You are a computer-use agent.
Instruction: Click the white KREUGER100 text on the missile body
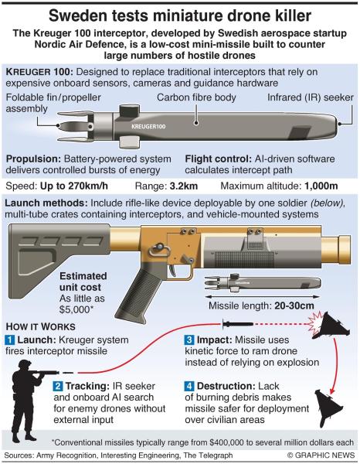tap(148, 127)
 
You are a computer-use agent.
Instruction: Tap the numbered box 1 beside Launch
tap(10, 340)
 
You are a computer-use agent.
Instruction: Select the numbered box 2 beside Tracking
tap(58, 386)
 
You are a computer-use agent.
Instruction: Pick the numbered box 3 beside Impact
tap(189, 340)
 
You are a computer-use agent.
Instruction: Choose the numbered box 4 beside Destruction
tap(189, 386)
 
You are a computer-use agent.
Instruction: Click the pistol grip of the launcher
tap(140, 296)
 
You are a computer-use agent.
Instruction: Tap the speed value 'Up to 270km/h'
tap(74, 186)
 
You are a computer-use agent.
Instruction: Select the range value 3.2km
tap(184, 186)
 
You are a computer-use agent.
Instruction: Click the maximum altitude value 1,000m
tap(321, 186)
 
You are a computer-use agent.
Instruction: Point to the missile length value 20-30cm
tap(294, 305)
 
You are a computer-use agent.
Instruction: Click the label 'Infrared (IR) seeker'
tap(311, 97)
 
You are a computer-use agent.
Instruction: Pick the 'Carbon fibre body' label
tap(196, 97)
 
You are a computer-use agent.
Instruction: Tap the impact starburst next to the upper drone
tap(315, 323)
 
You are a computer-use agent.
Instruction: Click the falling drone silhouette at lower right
tap(330, 408)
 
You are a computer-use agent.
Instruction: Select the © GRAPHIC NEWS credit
tap(321, 455)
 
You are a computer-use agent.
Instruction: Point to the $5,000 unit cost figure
tap(76, 309)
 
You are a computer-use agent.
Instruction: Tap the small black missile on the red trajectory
tap(238, 324)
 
